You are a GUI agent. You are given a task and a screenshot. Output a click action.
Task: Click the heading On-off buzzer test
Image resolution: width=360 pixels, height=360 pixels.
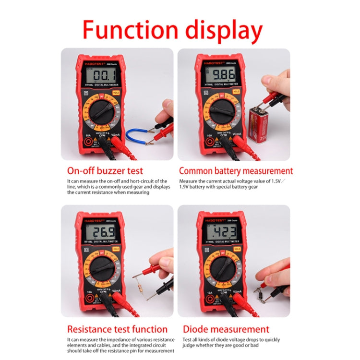coord(105,171)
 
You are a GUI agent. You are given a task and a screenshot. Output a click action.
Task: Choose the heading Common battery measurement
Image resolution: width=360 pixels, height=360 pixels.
coord(236,171)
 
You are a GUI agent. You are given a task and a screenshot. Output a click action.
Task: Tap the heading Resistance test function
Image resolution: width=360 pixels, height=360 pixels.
coord(117,329)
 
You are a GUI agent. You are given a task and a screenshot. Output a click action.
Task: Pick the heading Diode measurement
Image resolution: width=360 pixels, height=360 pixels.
coord(226,329)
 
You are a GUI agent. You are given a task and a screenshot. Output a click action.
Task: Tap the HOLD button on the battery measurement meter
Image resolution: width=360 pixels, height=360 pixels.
coord(236,91)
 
